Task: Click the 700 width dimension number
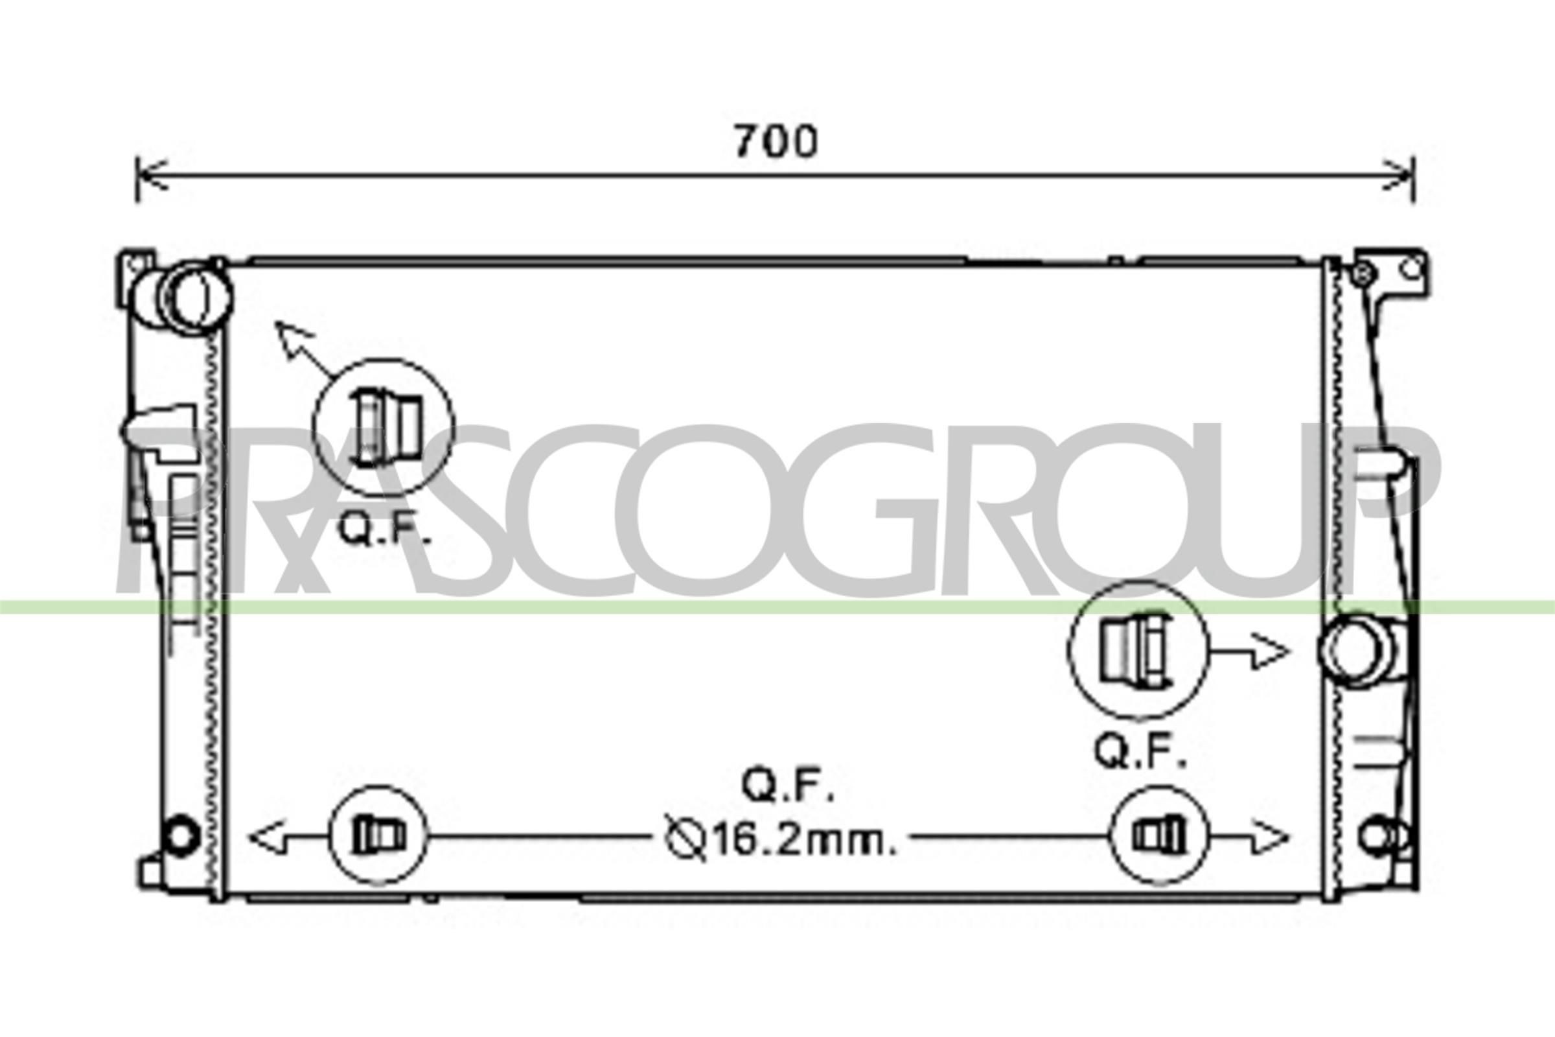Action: point(776,141)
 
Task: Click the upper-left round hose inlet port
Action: point(197,297)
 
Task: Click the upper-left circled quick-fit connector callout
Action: point(384,427)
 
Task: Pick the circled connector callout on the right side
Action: point(1138,650)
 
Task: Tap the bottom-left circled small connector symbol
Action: point(378,835)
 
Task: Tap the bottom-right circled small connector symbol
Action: point(1160,835)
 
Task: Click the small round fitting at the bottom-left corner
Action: point(180,835)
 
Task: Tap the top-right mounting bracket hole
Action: point(1411,267)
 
